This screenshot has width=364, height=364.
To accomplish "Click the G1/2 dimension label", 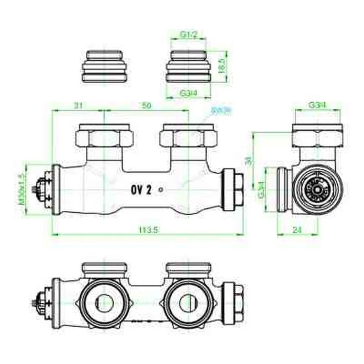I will (x=188, y=35).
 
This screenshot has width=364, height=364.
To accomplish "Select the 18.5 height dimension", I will (x=221, y=65).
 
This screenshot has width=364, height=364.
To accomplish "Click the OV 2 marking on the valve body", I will (x=141, y=190).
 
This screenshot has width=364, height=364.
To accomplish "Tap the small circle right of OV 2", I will (x=161, y=189).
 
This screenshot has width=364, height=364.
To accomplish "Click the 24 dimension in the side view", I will (x=297, y=229).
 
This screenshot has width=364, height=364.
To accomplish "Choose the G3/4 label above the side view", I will (x=317, y=105).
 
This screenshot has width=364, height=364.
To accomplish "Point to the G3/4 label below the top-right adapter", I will (x=188, y=93).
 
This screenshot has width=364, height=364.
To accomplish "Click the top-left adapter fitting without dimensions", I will (x=104, y=66).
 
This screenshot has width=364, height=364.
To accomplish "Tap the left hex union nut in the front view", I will (x=104, y=136).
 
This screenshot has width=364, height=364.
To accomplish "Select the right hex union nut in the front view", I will (x=188, y=136).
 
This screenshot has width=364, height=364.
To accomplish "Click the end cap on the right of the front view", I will (x=234, y=190).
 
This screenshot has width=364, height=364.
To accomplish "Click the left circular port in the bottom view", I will (x=104, y=303).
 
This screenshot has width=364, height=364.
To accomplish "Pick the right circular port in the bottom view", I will (x=188, y=303).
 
